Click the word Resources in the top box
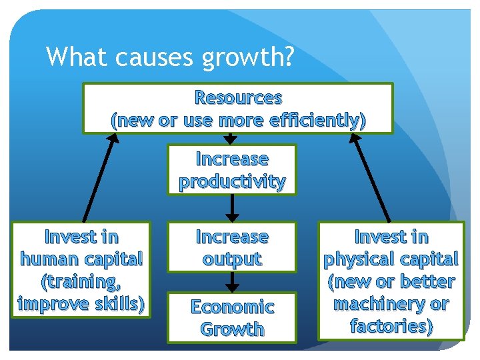(x=238, y=98)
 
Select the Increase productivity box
(x=231, y=170)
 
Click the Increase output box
(x=231, y=247)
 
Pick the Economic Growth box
(x=231, y=317)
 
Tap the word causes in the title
(x=147, y=57)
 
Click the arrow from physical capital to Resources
(x=371, y=177)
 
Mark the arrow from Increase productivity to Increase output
(x=231, y=208)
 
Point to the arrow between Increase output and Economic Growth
(x=231, y=282)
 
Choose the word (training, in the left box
(x=81, y=281)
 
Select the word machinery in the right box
(x=371, y=305)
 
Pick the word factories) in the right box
(x=391, y=327)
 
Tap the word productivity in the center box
(x=231, y=181)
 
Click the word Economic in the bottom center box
(x=231, y=307)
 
